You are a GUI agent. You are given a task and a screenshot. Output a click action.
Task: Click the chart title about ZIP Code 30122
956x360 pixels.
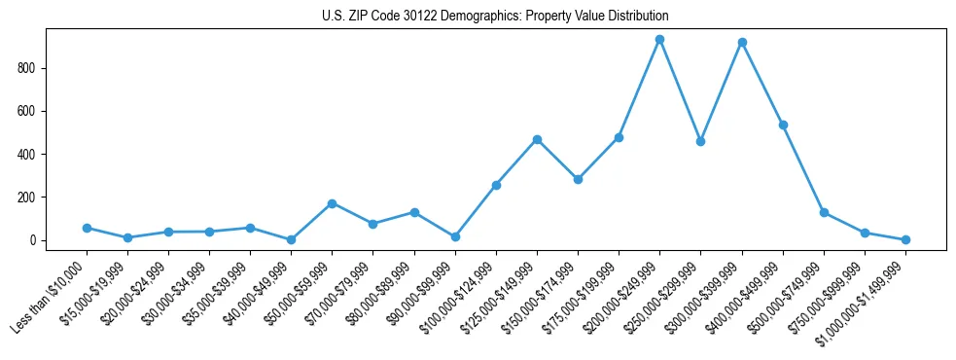point(495,17)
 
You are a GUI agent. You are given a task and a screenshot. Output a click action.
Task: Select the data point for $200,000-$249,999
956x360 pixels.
point(659,40)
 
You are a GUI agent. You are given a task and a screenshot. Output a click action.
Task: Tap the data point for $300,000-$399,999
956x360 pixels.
point(742,43)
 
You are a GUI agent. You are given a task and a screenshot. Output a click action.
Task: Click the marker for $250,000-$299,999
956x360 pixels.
point(700,141)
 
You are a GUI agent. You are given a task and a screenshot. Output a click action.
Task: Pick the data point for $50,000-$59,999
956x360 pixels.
point(333,203)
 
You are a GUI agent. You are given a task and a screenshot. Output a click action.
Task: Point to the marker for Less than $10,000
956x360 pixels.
point(87,228)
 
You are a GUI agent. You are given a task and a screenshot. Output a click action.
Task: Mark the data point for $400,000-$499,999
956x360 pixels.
point(783,125)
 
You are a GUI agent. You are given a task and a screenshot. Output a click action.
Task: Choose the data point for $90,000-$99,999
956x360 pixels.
point(455,236)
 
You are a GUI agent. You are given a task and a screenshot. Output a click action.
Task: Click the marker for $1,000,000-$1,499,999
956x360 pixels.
point(905,239)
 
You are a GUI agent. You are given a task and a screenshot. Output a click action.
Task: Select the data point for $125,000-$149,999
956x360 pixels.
point(537,139)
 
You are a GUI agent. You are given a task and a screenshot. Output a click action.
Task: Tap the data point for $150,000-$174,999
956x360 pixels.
point(578,179)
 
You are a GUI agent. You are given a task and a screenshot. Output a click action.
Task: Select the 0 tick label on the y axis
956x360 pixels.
point(33,240)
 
